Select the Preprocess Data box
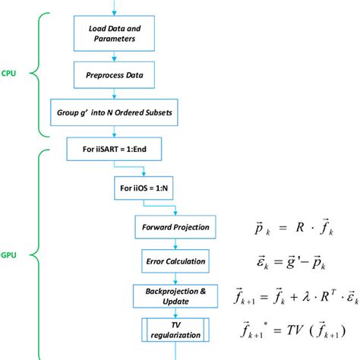[x=114, y=75]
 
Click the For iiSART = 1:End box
[x=113, y=150]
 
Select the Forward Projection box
[x=175, y=228]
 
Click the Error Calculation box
[x=175, y=261]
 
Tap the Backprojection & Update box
[x=175, y=294]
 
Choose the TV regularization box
[x=175, y=330]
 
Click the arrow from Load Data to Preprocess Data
[x=114, y=56]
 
